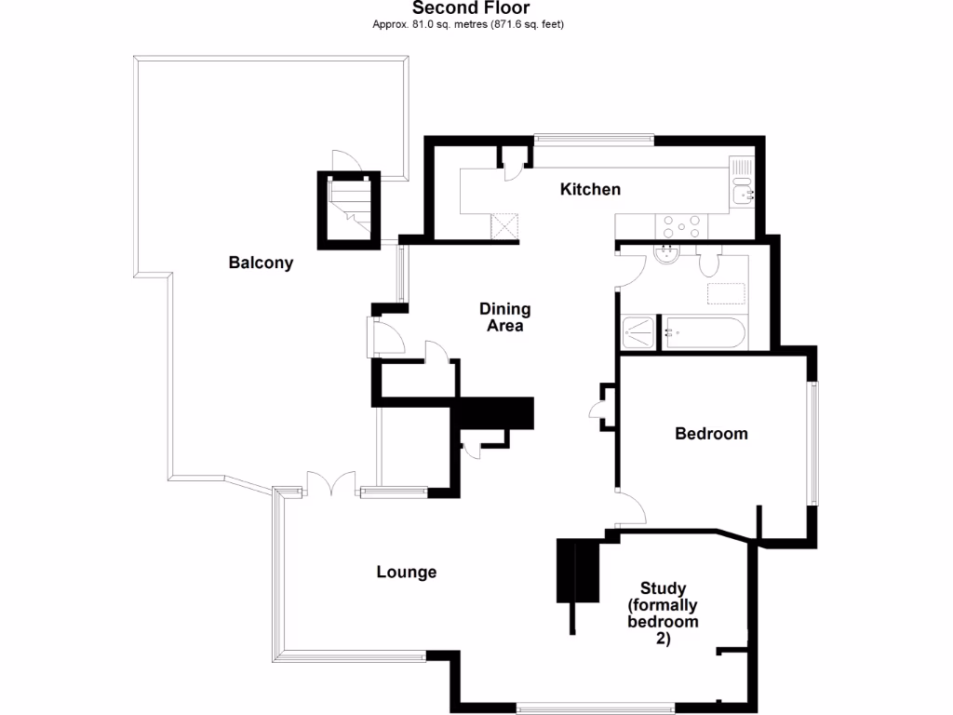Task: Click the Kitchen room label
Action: (590, 190)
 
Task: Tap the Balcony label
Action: (261, 263)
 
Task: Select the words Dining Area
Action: (504, 317)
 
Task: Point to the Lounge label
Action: (407, 572)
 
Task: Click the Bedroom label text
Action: (711, 434)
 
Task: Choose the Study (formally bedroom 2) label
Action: (663, 614)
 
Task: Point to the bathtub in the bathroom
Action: (703, 332)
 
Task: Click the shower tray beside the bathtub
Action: (638, 332)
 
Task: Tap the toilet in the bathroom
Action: (711, 261)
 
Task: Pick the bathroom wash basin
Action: (667, 254)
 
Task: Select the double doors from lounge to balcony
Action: (331, 486)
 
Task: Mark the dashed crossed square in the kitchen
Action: (504, 224)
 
